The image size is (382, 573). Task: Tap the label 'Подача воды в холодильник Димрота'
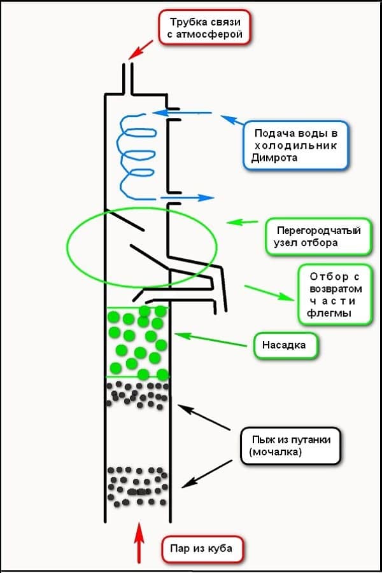(295, 145)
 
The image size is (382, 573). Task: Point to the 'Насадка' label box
(285, 346)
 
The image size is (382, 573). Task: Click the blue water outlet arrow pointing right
(191, 197)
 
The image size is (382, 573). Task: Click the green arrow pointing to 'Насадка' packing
(210, 339)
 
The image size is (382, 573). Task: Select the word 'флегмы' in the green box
(330, 314)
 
